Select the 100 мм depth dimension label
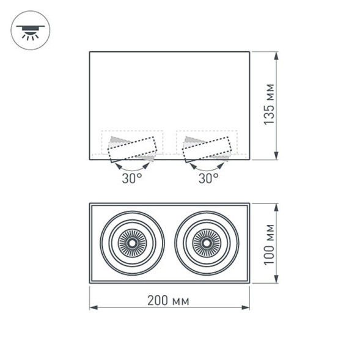[x=269, y=243]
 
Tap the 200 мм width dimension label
[x=168, y=301]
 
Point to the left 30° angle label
[x=131, y=178]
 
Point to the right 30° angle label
[x=208, y=178]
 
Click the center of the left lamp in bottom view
[x=132, y=243]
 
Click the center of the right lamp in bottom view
[x=206, y=243]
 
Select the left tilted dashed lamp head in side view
[x=132, y=149]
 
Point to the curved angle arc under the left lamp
[x=131, y=167]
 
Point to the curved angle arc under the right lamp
[x=208, y=167]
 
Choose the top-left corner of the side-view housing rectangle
[x=90, y=52]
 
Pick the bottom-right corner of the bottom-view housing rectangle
[x=249, y=283]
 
